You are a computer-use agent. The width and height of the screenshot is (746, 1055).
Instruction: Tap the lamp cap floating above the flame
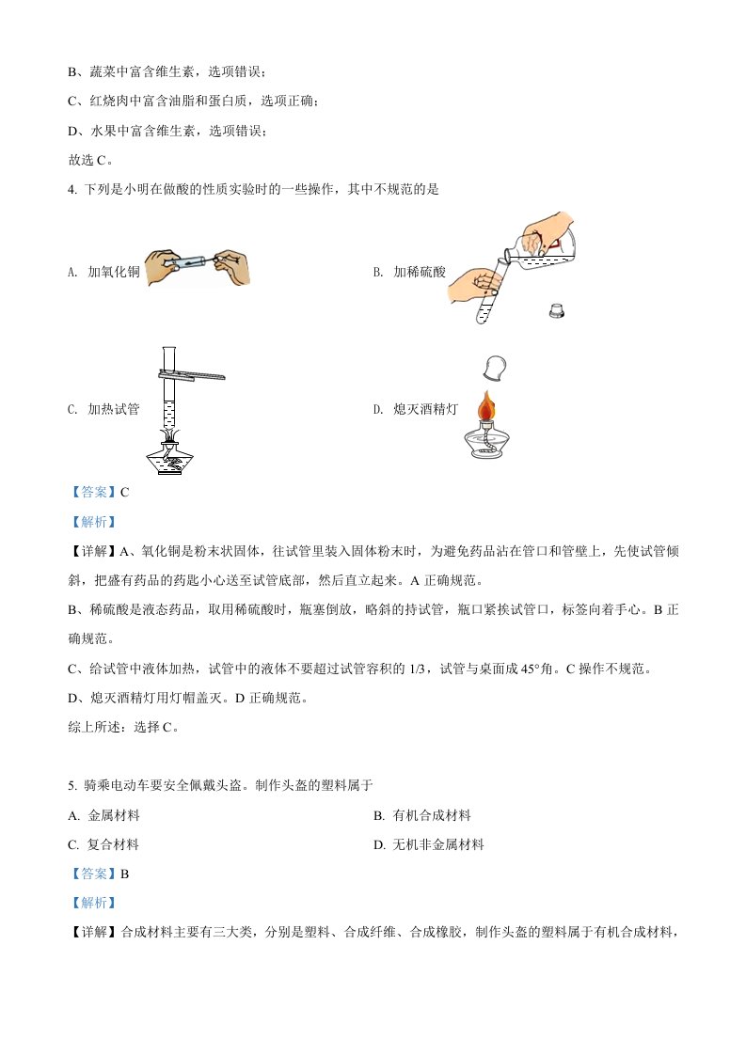495,368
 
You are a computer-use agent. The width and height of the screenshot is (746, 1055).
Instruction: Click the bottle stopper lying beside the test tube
556,310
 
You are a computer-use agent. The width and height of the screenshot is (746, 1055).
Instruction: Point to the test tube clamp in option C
192,375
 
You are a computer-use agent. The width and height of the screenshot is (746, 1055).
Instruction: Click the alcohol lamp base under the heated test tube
169,458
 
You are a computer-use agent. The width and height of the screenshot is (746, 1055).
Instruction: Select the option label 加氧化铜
113,272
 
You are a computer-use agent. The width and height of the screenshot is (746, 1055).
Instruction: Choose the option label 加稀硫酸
419,272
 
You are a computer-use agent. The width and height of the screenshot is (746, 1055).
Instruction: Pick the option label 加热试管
113,409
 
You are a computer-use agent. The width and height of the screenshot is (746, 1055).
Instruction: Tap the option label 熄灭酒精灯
425,409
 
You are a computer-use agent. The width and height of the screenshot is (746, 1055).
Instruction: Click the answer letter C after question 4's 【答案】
124,493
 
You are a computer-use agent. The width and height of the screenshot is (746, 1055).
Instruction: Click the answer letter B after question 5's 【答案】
124,874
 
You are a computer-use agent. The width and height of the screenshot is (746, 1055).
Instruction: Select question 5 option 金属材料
113,815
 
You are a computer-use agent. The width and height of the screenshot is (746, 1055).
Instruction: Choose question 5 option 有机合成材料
432,815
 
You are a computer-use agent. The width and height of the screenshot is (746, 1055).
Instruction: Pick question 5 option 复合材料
113,844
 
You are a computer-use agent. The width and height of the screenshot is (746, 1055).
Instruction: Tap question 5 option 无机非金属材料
438,844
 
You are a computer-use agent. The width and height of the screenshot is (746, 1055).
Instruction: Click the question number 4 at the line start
71,190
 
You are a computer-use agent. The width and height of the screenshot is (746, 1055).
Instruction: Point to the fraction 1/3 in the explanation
417,669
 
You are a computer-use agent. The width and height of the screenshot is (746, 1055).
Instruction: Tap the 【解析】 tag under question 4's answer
93,522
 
